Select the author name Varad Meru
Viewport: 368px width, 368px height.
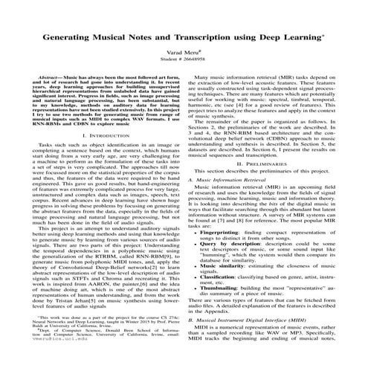[x=184, y=53]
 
